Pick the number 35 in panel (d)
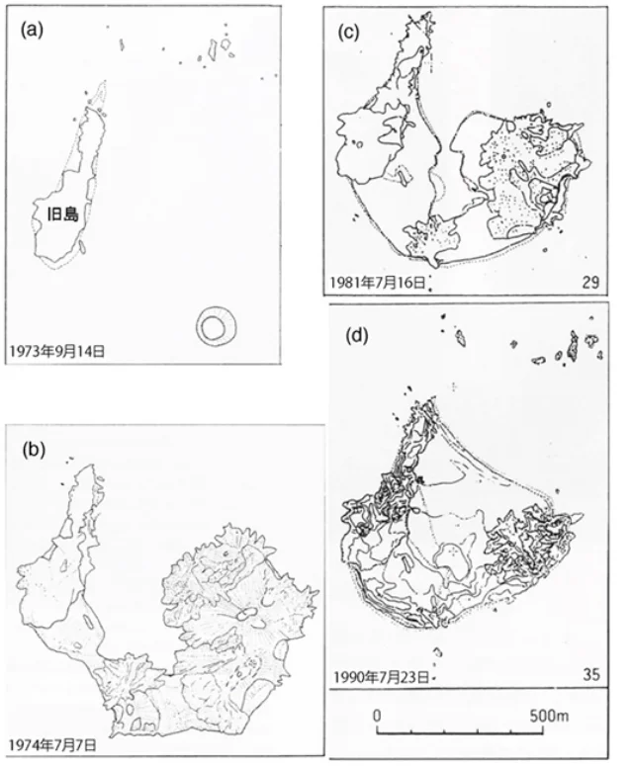pos(591,676)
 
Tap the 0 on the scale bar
pos(377,715)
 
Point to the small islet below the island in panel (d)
pos(436,651)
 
